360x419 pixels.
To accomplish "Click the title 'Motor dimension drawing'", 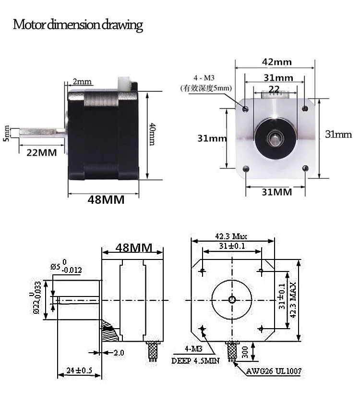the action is point(78,25).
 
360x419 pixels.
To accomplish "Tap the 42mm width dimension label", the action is point(277,62).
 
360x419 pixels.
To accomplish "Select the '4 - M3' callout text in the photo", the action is point(204,78).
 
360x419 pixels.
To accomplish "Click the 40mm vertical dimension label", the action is point(152,134).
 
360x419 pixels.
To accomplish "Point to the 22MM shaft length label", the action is point(42,153).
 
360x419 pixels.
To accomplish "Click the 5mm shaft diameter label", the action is point(6,134).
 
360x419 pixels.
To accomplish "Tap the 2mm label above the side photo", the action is point(82,81).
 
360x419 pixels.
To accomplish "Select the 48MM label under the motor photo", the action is point(106,199).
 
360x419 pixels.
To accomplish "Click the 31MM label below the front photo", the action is point(277,192).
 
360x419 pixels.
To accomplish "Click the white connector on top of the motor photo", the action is point(123,84).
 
